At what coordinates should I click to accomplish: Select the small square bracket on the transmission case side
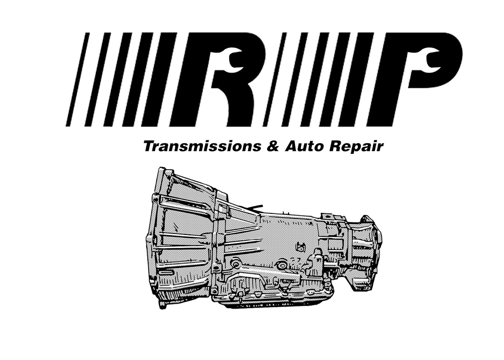[300, 246]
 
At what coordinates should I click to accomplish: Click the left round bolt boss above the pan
[235, 264]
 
